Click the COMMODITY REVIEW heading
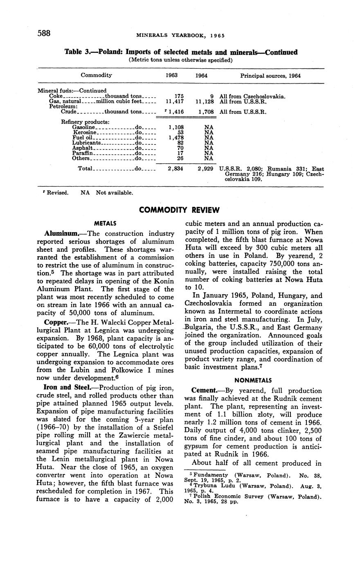179,210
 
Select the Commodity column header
96,75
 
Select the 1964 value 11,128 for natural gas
204,101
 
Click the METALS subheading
105,223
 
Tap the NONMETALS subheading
253,380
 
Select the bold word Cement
200,391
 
